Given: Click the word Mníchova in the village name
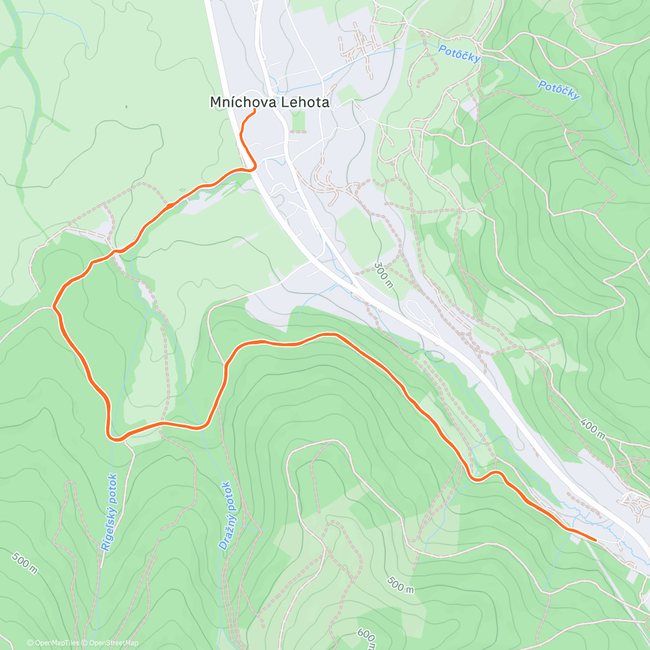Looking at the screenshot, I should [237, 102].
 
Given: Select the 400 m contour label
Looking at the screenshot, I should [593, 428].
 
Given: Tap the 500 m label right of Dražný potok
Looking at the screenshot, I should [401, 584].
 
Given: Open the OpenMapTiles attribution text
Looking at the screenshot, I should [57, 643].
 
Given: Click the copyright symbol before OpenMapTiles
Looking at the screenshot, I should [30, 643].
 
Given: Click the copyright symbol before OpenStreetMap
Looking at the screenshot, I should [86, 643].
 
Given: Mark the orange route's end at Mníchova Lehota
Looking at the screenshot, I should [255, 110].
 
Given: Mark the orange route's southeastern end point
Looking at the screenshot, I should [595, 539].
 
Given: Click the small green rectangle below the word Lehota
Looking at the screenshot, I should [298, 123].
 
